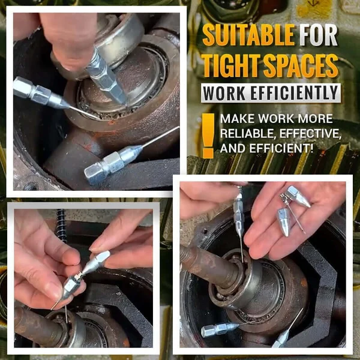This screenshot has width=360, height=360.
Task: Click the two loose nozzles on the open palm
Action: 291,207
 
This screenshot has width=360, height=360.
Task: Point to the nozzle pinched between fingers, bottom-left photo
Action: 84,273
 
